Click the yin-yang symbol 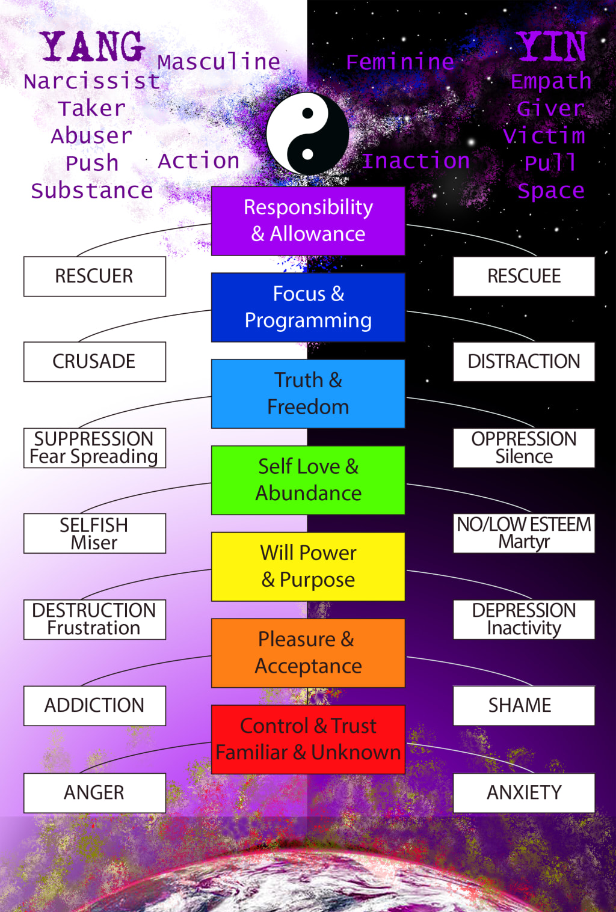pos(307,133)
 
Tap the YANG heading pos(93,47)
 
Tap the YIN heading pos(552,47)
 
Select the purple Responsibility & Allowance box pos(308,221)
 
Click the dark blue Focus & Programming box pos(308,307)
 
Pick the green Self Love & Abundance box pos(308,480)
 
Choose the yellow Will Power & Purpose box pos(308,566)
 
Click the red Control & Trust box pos(308,739)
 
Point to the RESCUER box pos(94,276)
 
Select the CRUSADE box pos(94,361)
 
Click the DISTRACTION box pos(524,361)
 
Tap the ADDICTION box pos(94,705)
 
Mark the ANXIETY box pos(524,792)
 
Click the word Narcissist pos(92,81)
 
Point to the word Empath pos(551,81)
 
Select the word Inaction pos(416,161)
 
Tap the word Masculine pos(219,62)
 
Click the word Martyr pos(524,542)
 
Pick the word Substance pos(92,191)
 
